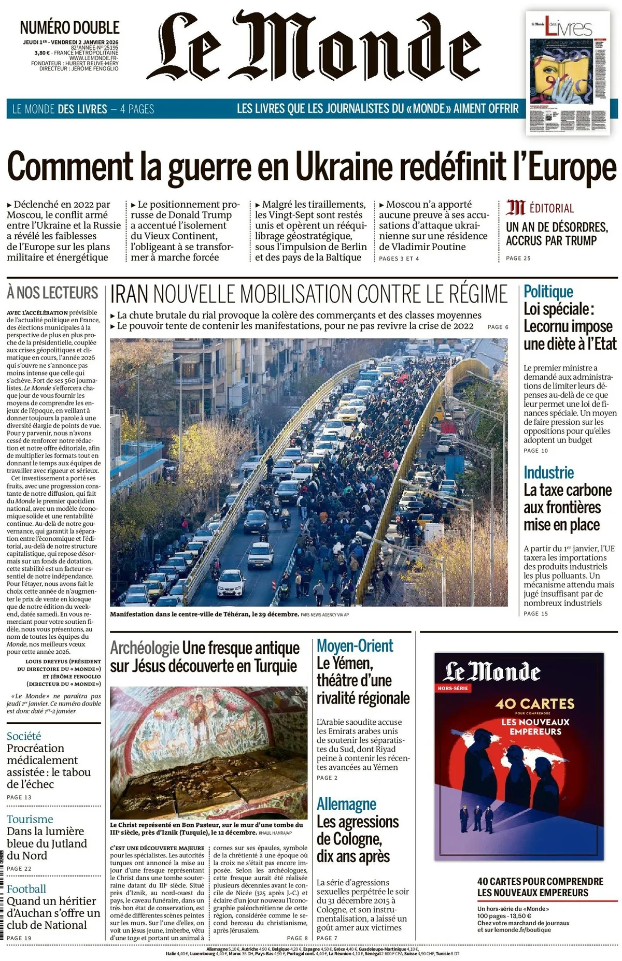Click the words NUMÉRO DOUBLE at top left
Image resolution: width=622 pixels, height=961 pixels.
pyautogui.click(x=69, y=27)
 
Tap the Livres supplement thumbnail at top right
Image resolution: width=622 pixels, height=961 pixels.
pyautogui.click(x=568, y=73)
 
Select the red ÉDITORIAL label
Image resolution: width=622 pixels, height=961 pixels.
pyautogui.click(x=552, y=208)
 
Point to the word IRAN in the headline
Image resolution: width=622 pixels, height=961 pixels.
pyautogui.click(x=129, y=294)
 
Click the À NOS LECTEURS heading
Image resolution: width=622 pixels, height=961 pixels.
pyautogui.click(x=52, y=293)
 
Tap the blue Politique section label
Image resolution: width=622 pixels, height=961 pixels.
pyautogui.click(x=548, y=292)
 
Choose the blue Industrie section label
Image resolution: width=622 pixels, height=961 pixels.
pyautogui.click(x=548, y=472)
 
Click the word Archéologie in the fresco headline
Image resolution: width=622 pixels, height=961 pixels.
pyautogui.click(x=145, y=648)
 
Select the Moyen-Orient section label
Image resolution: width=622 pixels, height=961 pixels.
pyautogui.click(x=355, y=646)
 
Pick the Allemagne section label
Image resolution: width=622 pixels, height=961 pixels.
pyautogui.click(x=346, y=804)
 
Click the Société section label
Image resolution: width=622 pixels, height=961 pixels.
pyautogui.click(x=24, y=736)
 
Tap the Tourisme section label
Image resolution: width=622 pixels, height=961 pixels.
pyautogui.click(x=30, y=819)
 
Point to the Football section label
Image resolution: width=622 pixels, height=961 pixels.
pyautogui.click(x=26, y=889)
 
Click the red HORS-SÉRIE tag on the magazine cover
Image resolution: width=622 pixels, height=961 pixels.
pyautogui.click(x=453, y=689)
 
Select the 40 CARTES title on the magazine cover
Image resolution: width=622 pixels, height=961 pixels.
pyautogui.click(x=534, y=704)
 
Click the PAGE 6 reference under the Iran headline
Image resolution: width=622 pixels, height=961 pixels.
pyautogui.click(x=498, y=327)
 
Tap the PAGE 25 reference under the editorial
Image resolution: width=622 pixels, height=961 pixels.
pyautogui.click(x=518, y=258)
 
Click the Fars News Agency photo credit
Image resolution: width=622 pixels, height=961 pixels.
pyautogui.click(x=324, y=614)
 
